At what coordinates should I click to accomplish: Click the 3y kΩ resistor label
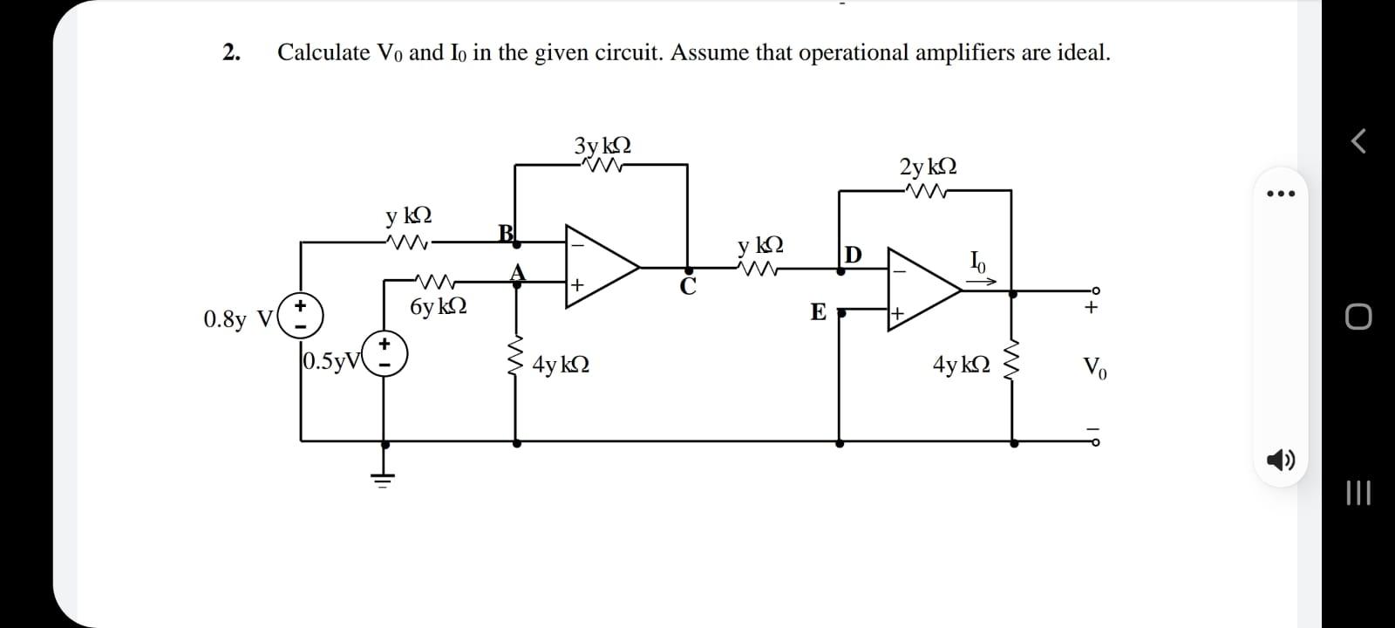tap(602, 145)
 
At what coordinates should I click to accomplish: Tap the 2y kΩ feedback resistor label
tap(928, 166)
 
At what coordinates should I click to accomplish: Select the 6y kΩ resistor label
tap(438, 306)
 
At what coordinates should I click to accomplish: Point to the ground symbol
tap(384, 476)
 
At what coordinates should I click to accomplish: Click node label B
tap(506, 232)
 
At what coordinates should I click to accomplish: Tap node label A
tap(518, 272)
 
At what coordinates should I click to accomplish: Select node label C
tap(688, 289)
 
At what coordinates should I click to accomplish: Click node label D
tap(853, 255)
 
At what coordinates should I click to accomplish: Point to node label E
tap(818, 312)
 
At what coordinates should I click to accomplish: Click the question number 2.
tap(231, 52)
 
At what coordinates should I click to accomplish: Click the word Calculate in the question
tap(323, 52)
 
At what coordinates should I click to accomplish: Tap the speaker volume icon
tap(1279, 460)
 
